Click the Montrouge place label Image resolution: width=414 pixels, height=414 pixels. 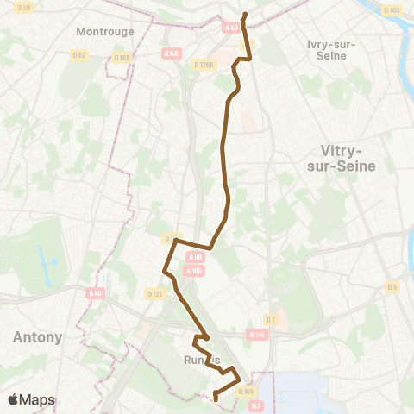point(104,31)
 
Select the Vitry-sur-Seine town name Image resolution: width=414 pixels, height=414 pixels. point(341,159)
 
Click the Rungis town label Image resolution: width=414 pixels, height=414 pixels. point(201,360)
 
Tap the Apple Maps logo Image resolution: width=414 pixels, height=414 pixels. point(32,399)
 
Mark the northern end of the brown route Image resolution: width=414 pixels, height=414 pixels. point(245,15)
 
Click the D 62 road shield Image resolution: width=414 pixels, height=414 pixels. point(80,54)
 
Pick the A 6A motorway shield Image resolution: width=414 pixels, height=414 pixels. point(171,53)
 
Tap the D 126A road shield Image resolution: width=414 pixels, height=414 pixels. point(204,63)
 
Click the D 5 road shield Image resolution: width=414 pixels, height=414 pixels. point(392,287)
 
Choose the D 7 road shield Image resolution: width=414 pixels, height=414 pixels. point(270,319)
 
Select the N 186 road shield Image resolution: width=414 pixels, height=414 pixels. point(256,335)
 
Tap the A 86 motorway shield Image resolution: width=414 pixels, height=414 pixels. point(95,292)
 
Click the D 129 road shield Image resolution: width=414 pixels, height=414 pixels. point(155,293)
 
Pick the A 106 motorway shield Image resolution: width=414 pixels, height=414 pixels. point(194,270)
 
